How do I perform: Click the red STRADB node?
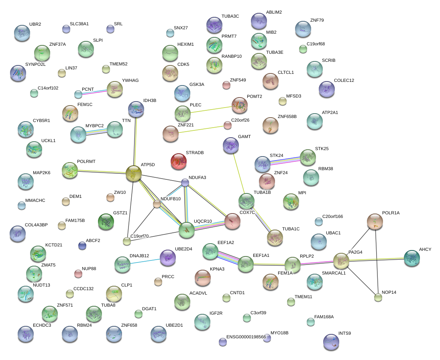[178, 161]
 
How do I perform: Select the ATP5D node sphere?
[134, 173]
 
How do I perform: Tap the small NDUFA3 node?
[185, 183]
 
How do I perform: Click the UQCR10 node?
[186, 229]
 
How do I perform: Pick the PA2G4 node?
[341, 261]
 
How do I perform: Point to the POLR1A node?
[375, 220]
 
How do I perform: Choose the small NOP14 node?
[378, 297]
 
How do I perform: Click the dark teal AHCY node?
[411, 258]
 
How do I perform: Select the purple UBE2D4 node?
[167, 258]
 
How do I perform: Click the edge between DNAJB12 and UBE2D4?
[145, 261]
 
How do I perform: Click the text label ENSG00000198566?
[246, 337]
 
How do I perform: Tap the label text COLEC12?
[344, 80]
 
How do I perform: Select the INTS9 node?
[331, 342]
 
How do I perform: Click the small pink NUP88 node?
[78, 274]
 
